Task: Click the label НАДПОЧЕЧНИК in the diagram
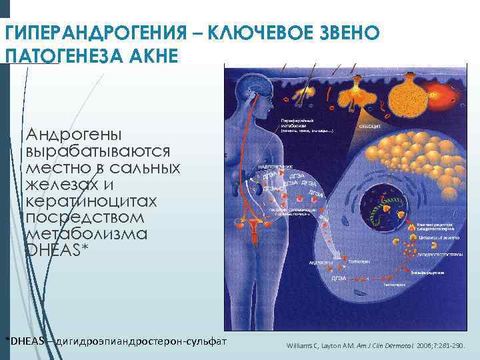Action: pos(270,167)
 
